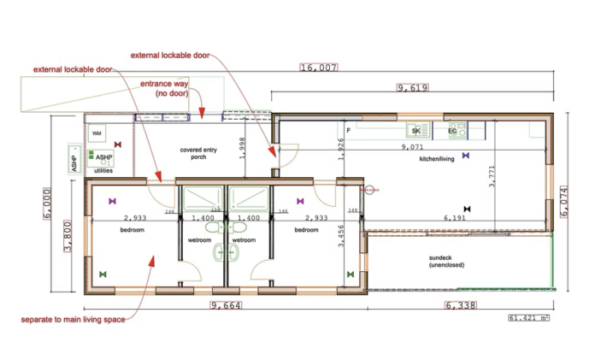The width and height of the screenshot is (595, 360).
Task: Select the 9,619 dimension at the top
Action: (x=412, y=87)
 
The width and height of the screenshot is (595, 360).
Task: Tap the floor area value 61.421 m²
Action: (x=529, y=318)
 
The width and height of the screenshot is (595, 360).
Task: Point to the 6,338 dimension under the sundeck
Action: (x=463, y=305)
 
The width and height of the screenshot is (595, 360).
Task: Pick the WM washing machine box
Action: (x=97, y=134)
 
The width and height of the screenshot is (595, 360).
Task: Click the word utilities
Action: (x=103, y=170)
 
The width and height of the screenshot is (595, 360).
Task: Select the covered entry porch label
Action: (x=199, y=153)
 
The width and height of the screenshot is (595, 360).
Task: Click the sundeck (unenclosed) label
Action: (x=446, y=261)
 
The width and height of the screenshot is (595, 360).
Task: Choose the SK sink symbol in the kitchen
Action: (x=415, y=131)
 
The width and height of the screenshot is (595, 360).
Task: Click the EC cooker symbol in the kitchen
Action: (x=453, y=131)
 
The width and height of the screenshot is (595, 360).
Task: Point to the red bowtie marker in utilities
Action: (x=118, y=145)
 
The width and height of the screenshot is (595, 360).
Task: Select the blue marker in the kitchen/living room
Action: (x=465, y=156)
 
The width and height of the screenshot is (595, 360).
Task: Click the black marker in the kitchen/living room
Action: (x=466, y=208)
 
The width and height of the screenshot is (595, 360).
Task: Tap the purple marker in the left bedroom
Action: (x=111, y=201)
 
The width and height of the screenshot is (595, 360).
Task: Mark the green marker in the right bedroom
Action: (x=351, y=274)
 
